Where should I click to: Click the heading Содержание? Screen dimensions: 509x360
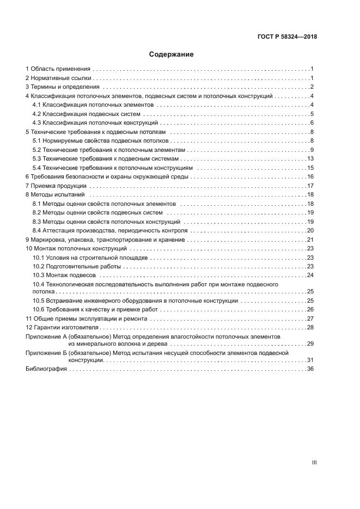171,54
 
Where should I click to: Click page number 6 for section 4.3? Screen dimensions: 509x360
312,122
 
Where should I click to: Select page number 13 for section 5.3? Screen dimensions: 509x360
310,158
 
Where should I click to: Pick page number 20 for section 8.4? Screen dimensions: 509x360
310,230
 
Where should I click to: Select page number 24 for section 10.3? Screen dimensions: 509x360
310,275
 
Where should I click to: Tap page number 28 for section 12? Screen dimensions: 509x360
310,327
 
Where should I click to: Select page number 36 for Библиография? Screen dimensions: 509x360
310,369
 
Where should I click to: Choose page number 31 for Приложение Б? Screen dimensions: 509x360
310,360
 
